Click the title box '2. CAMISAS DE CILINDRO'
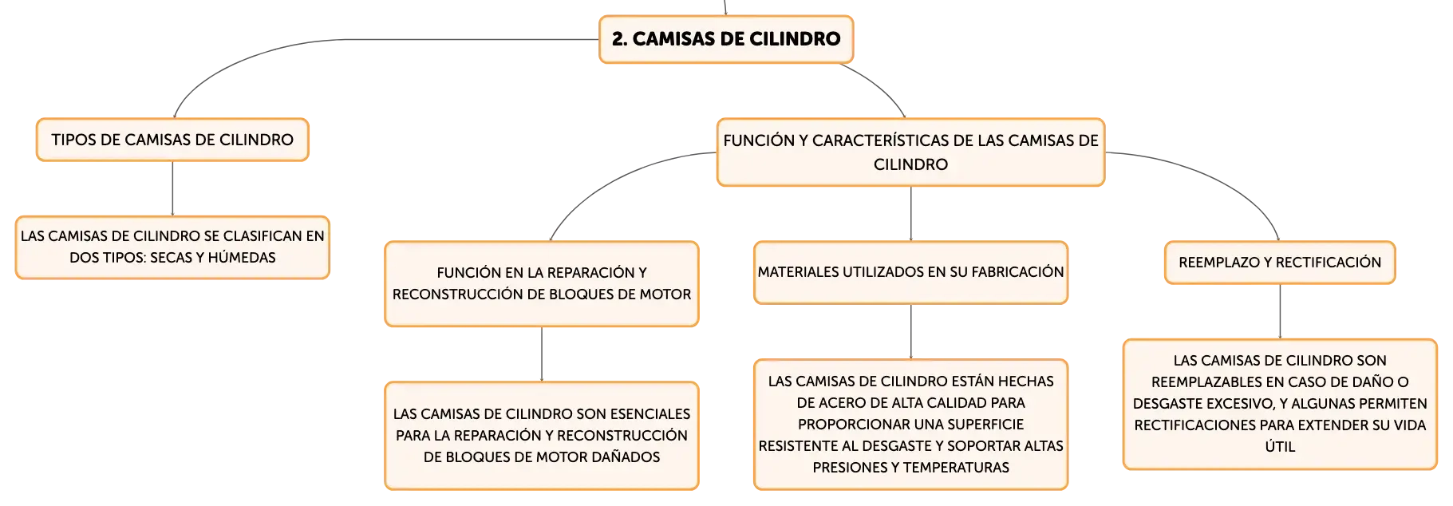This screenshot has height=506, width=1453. point(726,39)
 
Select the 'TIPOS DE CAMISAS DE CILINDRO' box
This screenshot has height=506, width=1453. point(172,140)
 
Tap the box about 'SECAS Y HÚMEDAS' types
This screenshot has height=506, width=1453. point(172,247)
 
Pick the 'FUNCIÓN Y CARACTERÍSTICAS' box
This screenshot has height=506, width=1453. point(910,152)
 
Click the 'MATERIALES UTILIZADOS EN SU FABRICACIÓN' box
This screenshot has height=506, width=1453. point(910,272)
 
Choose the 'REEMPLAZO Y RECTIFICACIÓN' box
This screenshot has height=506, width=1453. point(1280,263)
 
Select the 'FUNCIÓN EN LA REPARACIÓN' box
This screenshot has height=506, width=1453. point(542,283)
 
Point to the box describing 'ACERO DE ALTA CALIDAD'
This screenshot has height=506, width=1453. point(910,424)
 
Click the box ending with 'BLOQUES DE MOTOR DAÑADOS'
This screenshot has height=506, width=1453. point(542,435)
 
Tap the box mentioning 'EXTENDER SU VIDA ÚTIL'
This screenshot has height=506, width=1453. point(1280,404)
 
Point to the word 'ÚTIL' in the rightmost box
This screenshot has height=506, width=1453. point(1280,447)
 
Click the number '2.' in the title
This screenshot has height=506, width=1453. point(619,39)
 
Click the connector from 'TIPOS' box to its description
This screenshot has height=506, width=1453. point(172,188)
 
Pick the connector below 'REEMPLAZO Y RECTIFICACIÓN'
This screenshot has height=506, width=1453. point(1280,311)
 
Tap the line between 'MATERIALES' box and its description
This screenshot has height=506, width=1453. point(910,331)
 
